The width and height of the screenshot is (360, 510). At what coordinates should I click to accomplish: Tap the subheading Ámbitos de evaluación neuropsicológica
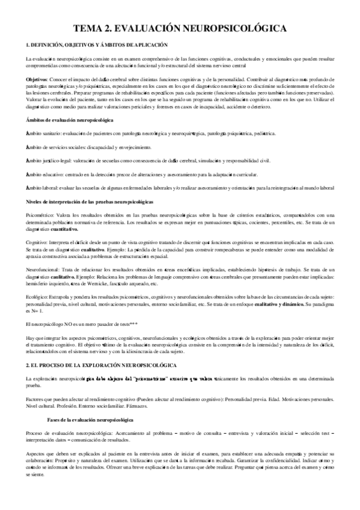tap(67, 121)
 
